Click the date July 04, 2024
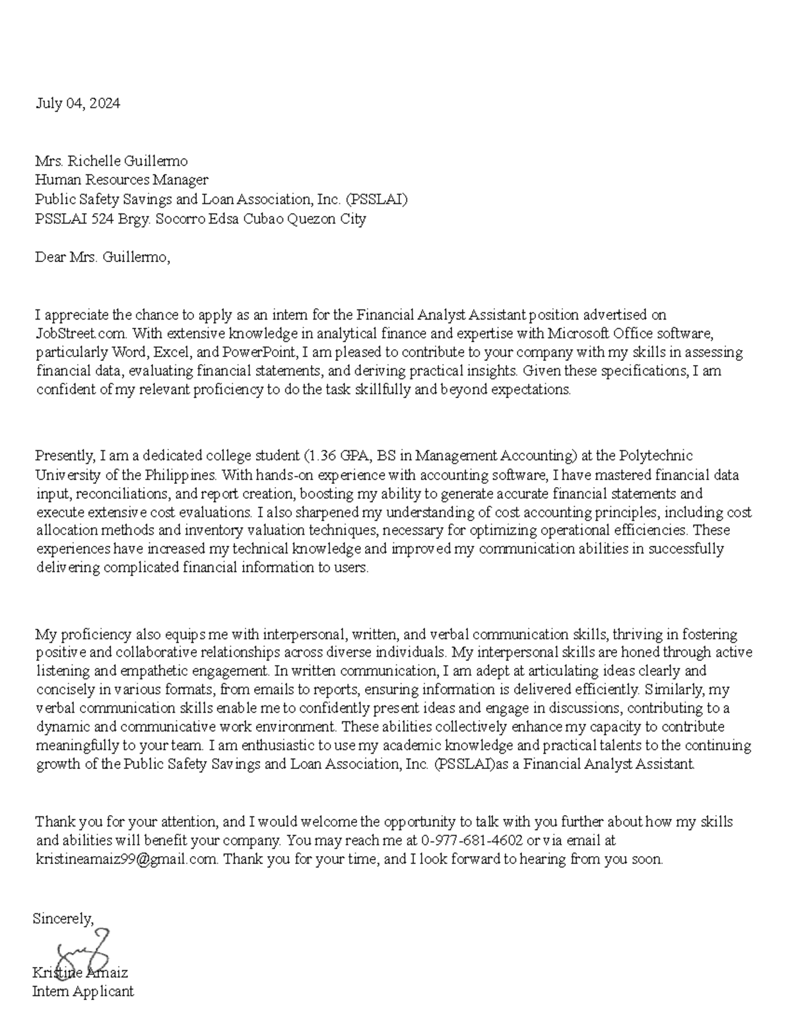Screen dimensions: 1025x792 click(78, 103)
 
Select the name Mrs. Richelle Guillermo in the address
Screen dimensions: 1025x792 click(112, 161)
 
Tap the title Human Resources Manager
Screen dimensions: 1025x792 click(121, 180)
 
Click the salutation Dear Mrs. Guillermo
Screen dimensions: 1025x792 click(102, 257)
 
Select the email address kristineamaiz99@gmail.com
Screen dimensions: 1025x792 click(126, 859)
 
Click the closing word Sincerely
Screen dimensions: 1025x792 click(63, 918)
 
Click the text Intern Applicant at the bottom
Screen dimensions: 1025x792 click(83, 991)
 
